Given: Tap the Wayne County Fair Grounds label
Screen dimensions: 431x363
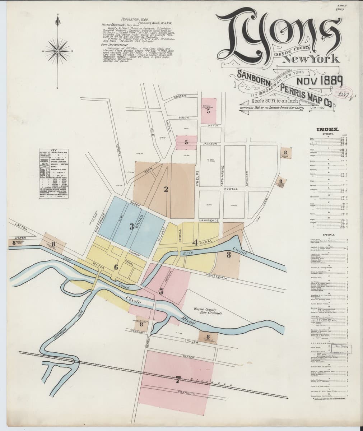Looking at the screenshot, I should pyautogui.click(x=203, y=310).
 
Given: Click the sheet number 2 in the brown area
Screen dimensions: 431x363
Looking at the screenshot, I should pyautogui.click(x=166, y=189).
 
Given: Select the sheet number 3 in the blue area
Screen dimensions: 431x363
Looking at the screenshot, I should pyautogui.click(x=132, y=226).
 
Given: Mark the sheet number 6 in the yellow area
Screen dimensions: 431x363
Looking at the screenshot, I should pyautogui.click(x=116, y=267).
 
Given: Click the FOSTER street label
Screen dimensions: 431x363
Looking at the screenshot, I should pyautogui.click(x=179, y=97).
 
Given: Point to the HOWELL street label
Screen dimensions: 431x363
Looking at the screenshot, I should pyautogui.click(x=231, y=189).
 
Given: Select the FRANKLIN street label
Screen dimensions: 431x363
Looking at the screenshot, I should pyautogui.click(x=186, y=393).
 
